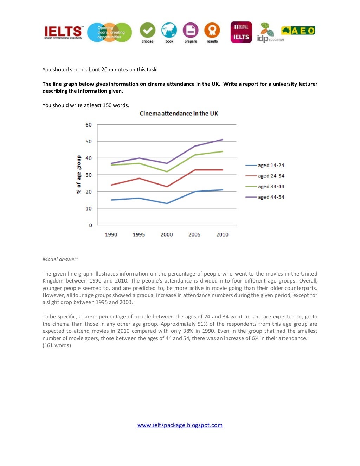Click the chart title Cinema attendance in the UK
(179, 114)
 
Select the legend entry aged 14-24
(271, 165)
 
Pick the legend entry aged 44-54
(271, 197)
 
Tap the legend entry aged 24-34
(271, 176)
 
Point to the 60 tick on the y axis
(89, 125)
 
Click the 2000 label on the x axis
(167, 234)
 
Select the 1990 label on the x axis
(111, 234)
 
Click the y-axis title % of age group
(79, 175)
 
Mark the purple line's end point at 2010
(222, 140)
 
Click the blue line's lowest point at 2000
(167, 203)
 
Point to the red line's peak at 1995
(139, 178)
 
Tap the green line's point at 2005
(194, 155)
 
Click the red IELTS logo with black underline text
(64, 32)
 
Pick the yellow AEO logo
(298, 31)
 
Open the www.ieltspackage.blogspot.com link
(180, 425)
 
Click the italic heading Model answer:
(60, 259)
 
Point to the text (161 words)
(57, 345)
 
